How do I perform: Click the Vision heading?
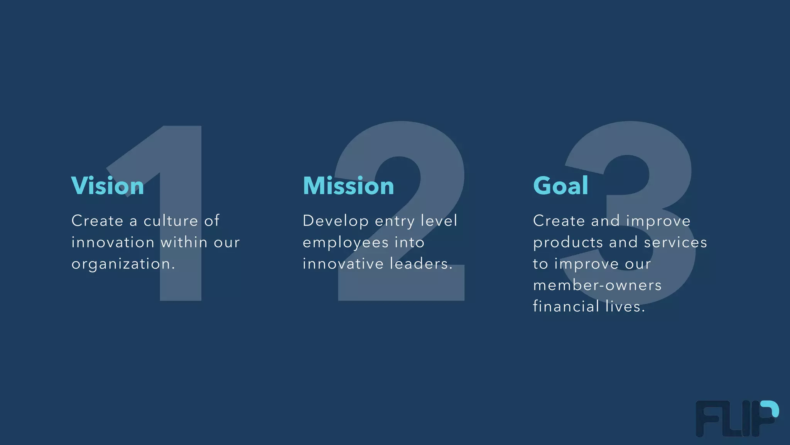[108, 186]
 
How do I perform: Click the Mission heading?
[348, 186]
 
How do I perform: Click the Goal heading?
[560, 186]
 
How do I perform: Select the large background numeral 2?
[401, 286]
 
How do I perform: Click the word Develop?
[336, 221]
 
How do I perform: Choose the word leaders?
[421, 264]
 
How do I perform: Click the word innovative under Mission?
[343, 264]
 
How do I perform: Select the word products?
[568, 243]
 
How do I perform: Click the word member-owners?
[597, 285]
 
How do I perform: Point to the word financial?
[566, 307]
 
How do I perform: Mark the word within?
[184, 243]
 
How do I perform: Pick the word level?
[439, 221]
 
